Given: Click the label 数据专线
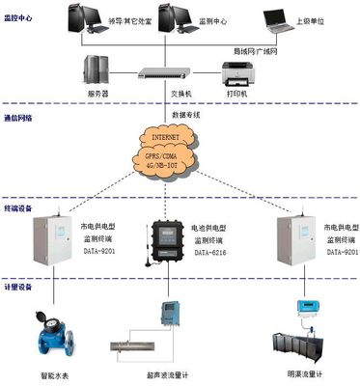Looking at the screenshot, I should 186,114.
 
